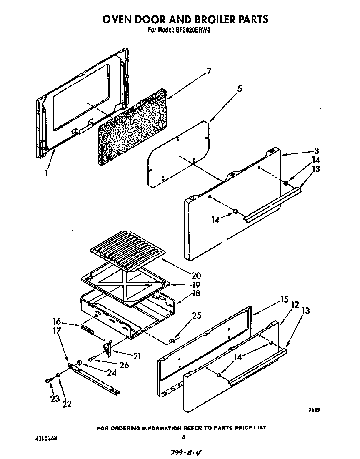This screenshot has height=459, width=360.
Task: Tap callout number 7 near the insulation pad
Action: pos(208,71)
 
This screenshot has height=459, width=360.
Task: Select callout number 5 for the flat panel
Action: pos(239,89)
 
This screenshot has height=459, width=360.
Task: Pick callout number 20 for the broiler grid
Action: pos(195,275)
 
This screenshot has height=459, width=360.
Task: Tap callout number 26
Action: pos(123,365)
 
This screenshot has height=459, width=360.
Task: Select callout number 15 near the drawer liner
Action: pos(284,299)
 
